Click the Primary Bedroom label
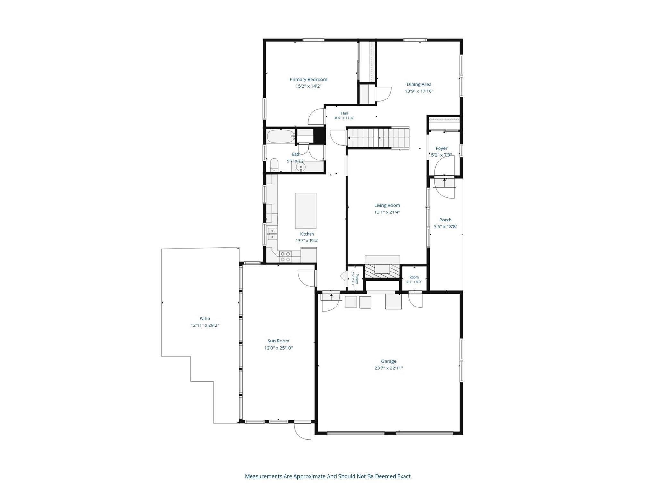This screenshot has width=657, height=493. [308, 79]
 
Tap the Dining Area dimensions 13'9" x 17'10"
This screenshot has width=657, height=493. [419, 91]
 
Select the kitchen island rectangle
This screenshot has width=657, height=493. [306, 211]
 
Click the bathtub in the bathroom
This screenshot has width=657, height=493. [281, 136]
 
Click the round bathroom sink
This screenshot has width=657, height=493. [301, 167]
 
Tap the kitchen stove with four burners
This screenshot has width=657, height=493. [285, 257]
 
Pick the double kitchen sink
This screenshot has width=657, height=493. [272, 234]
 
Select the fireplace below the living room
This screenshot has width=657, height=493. [383, 269]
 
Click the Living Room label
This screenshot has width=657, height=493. [387, 205]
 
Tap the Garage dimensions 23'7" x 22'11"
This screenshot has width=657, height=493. [388, 368]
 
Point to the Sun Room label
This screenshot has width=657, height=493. [278, 341]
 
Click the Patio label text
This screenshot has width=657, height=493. [205, 319]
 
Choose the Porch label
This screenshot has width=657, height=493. [446, 220]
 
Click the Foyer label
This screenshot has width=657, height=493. [441, 148]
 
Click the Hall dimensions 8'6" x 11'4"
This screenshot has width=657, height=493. [344, 118]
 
